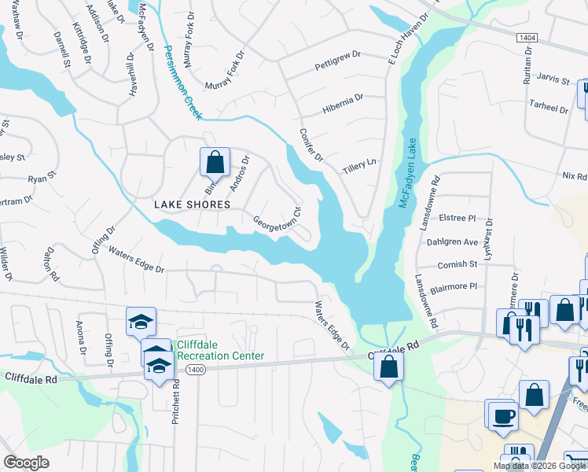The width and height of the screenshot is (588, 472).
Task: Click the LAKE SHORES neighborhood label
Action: point(192,205)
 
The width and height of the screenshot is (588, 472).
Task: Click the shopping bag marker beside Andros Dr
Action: point(215,163)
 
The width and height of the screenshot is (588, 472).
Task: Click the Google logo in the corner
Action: point(26,463)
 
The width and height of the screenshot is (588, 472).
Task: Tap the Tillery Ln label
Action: point(359,166)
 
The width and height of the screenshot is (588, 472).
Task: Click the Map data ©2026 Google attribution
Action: point(539,466)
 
